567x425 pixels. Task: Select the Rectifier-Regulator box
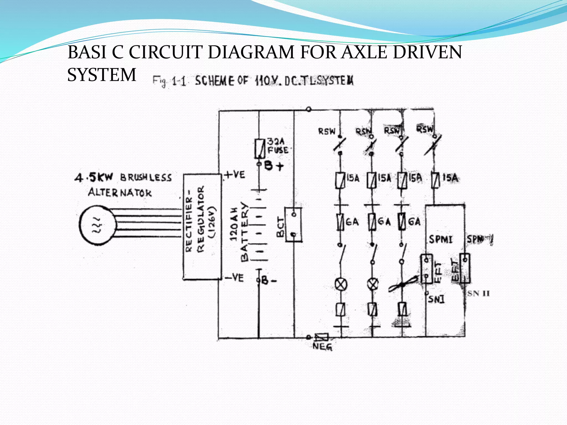coord(202,227)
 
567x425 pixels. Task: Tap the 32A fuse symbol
coord(259,148)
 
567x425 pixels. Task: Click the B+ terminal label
coord(274,166)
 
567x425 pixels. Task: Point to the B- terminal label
coord(268,281)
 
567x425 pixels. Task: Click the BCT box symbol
coord(293,225)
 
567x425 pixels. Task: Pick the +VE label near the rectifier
coord(235,175)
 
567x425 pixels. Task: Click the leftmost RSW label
coord(327,131)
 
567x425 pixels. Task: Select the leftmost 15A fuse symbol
coord(340,180)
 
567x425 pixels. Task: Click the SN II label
coord(479,293)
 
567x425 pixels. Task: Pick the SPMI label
coord(440,239)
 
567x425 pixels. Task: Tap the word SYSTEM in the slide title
coord(102,75)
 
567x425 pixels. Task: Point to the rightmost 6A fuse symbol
coord(402,222)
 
